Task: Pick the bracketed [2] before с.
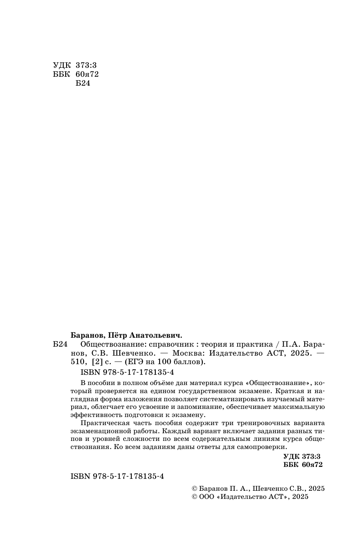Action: [96, 362]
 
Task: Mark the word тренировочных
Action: [250, 423]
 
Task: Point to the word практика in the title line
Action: [257, 345]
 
